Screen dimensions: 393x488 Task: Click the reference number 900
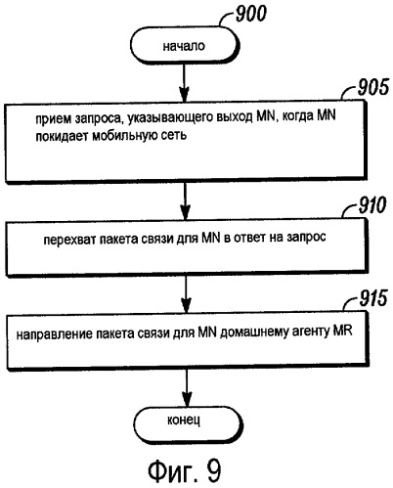[x=250, y=14]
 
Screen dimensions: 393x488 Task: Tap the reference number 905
[x=373, y=87]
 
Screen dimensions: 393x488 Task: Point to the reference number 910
[x=372, y=205]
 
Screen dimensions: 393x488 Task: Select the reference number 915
[x=373, y=298]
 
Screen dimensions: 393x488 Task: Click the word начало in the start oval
[x=184, y=46]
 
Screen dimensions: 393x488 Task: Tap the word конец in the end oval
[x=184, y=420]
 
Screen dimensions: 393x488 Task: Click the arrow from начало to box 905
[x=185, y=83]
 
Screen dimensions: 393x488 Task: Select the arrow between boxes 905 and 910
[x=185, y=200]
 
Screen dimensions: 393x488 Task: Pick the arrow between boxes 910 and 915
[x=186, y=294]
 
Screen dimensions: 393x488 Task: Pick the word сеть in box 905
[x=174, y=135]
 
